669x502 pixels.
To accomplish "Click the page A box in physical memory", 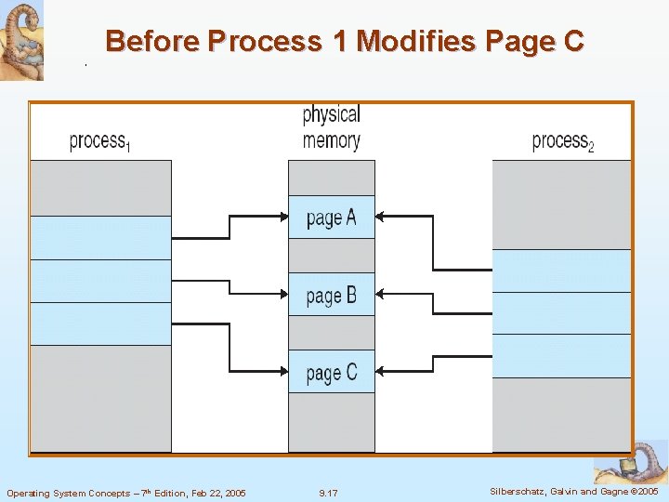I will pos(331,218).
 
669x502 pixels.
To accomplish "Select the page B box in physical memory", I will pos(331,295).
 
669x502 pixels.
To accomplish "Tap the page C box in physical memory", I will pos(331,372).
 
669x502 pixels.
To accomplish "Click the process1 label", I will pos(99,141).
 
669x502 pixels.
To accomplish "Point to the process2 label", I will pos(562,141).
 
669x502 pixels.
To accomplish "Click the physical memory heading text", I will pos(331,127).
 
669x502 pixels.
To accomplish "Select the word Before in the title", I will pos(153,41).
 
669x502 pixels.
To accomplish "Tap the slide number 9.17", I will pos(328,493).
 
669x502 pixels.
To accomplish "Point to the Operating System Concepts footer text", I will pos(126,493).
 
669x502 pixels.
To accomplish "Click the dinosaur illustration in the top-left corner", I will pos(21,39).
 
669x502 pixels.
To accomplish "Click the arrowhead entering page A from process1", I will pos(283,217).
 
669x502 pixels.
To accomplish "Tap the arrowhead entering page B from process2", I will pos(381,294).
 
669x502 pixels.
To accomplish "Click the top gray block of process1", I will pos(101,188).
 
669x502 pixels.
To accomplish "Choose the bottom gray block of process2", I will pos(561,415).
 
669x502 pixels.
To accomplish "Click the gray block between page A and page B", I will pos(331,256).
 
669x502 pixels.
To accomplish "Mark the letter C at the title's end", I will pos(572,41).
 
